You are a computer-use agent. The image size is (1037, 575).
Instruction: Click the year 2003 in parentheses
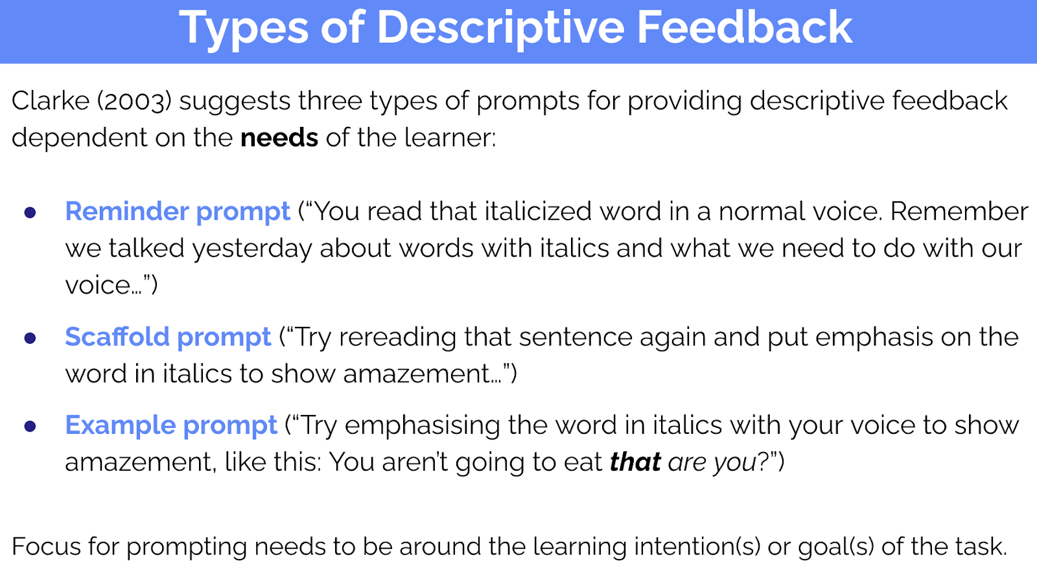click(x=134, y=101)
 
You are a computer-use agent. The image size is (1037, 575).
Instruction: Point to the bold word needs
click(x=279, y=138)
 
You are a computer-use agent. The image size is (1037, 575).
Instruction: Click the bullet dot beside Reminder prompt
click(x=30, y=212)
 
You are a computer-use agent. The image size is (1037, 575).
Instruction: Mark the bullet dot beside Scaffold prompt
click(x=30, y=338)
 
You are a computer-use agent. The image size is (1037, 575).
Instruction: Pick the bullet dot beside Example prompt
click(x=30, y=426)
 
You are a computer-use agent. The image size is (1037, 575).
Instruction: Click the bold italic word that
click(x=635, y=462)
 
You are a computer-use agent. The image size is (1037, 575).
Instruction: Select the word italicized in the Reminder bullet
click(x=538, y=211)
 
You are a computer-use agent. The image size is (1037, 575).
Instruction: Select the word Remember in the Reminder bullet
click(x=959, y=212)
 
